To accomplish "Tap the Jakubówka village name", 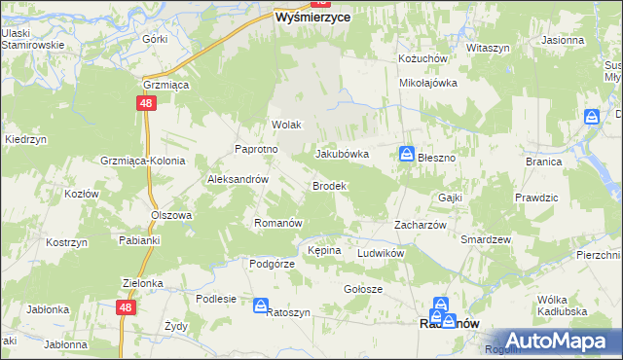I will click(x=342, y=154).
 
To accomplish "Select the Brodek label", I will click(x=328, y=185).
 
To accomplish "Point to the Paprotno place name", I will click(x=257, y=149).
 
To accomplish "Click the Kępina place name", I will click(x=324, y=250).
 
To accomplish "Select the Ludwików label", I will click(x=381, y=252).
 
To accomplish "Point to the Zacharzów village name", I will click(x=420, y=224).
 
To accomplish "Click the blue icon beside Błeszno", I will click(x=406, y=154).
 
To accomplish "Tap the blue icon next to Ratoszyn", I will click(x=261, y=306).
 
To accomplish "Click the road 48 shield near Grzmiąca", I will click(x=144, y=102).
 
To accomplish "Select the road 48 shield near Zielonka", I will click(x=125, y=306).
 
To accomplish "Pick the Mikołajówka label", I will click(x=428, y=83).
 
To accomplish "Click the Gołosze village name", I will click(x=363, y=289).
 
